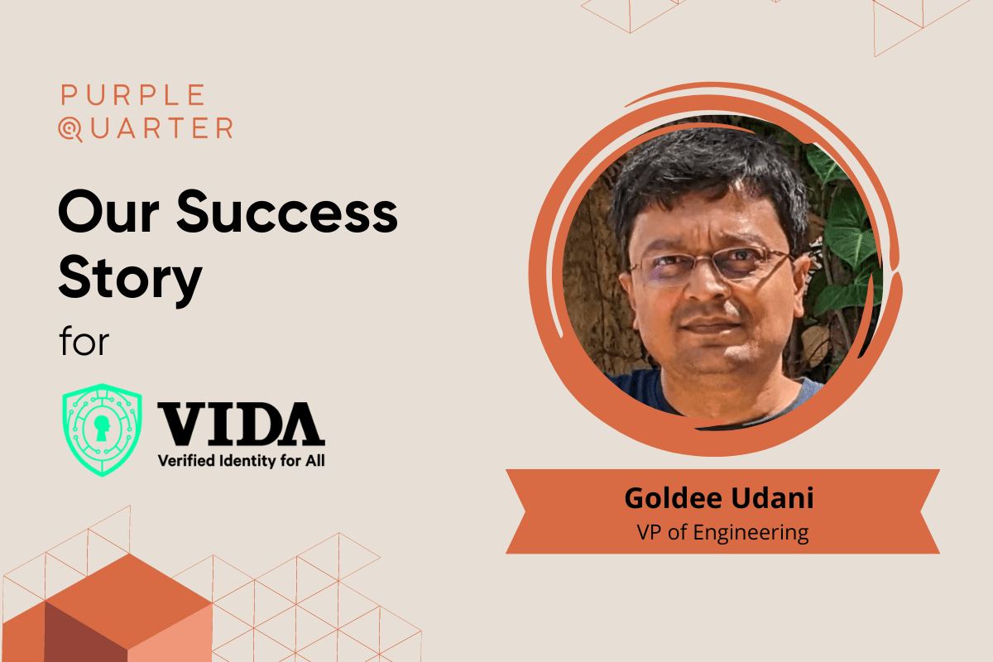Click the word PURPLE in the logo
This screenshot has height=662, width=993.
[133, 95]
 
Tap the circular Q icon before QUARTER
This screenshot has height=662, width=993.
[72, 129]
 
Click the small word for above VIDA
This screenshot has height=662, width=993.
[84, 341]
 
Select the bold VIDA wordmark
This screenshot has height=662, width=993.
[241, 424]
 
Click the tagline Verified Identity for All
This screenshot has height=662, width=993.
[241, 460]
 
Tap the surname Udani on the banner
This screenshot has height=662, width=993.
[775, 499]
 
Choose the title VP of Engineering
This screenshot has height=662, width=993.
[722, 532]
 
